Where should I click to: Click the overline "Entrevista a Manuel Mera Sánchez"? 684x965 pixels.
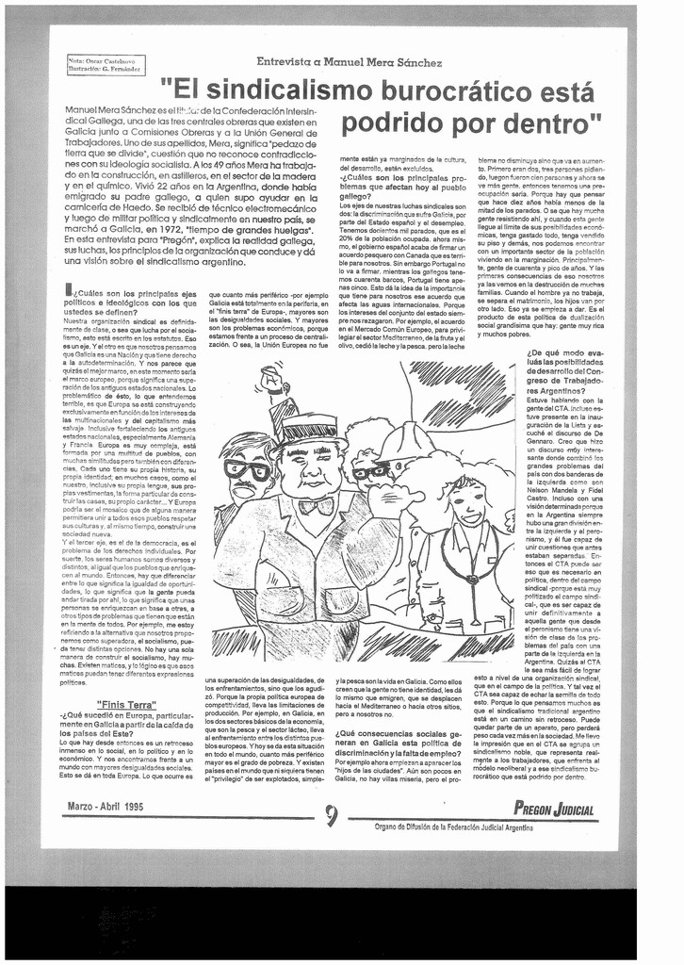coord(349,62)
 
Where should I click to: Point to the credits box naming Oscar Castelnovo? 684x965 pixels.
coord(103,64)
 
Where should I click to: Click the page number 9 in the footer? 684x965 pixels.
coord(331,816)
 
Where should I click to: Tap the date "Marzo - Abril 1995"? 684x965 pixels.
coord(106,807)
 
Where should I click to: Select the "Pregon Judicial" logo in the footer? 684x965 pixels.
coord(554,809)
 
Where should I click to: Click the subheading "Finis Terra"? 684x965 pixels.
coord(125,703)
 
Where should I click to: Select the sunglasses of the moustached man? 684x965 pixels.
coord(247,469)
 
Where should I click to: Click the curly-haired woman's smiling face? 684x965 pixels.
coord(468,502)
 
